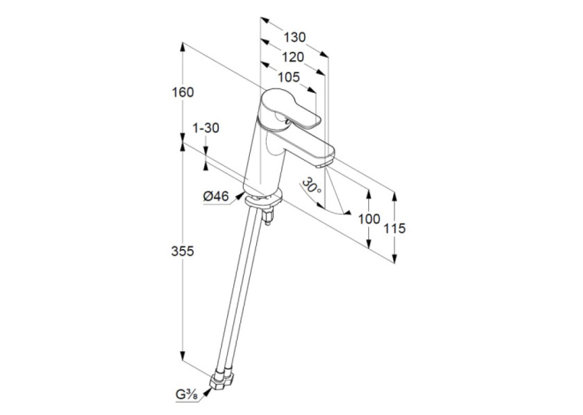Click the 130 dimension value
[294, 37]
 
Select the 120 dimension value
[293, 57]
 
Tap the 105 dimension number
[289, 77]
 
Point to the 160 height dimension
[183, 92]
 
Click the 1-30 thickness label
[206, 128]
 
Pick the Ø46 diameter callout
[216, 196]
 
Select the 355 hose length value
[183, 251]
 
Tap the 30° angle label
[312, 187]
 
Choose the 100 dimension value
[369, 219]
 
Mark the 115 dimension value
[395, 228]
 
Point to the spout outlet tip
[324, 164]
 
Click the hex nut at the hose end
[223, 380]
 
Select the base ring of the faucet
[262, 199]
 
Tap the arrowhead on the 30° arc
[347, 212]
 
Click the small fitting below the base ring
[268, 216]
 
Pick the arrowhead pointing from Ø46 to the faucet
[240, 196]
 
